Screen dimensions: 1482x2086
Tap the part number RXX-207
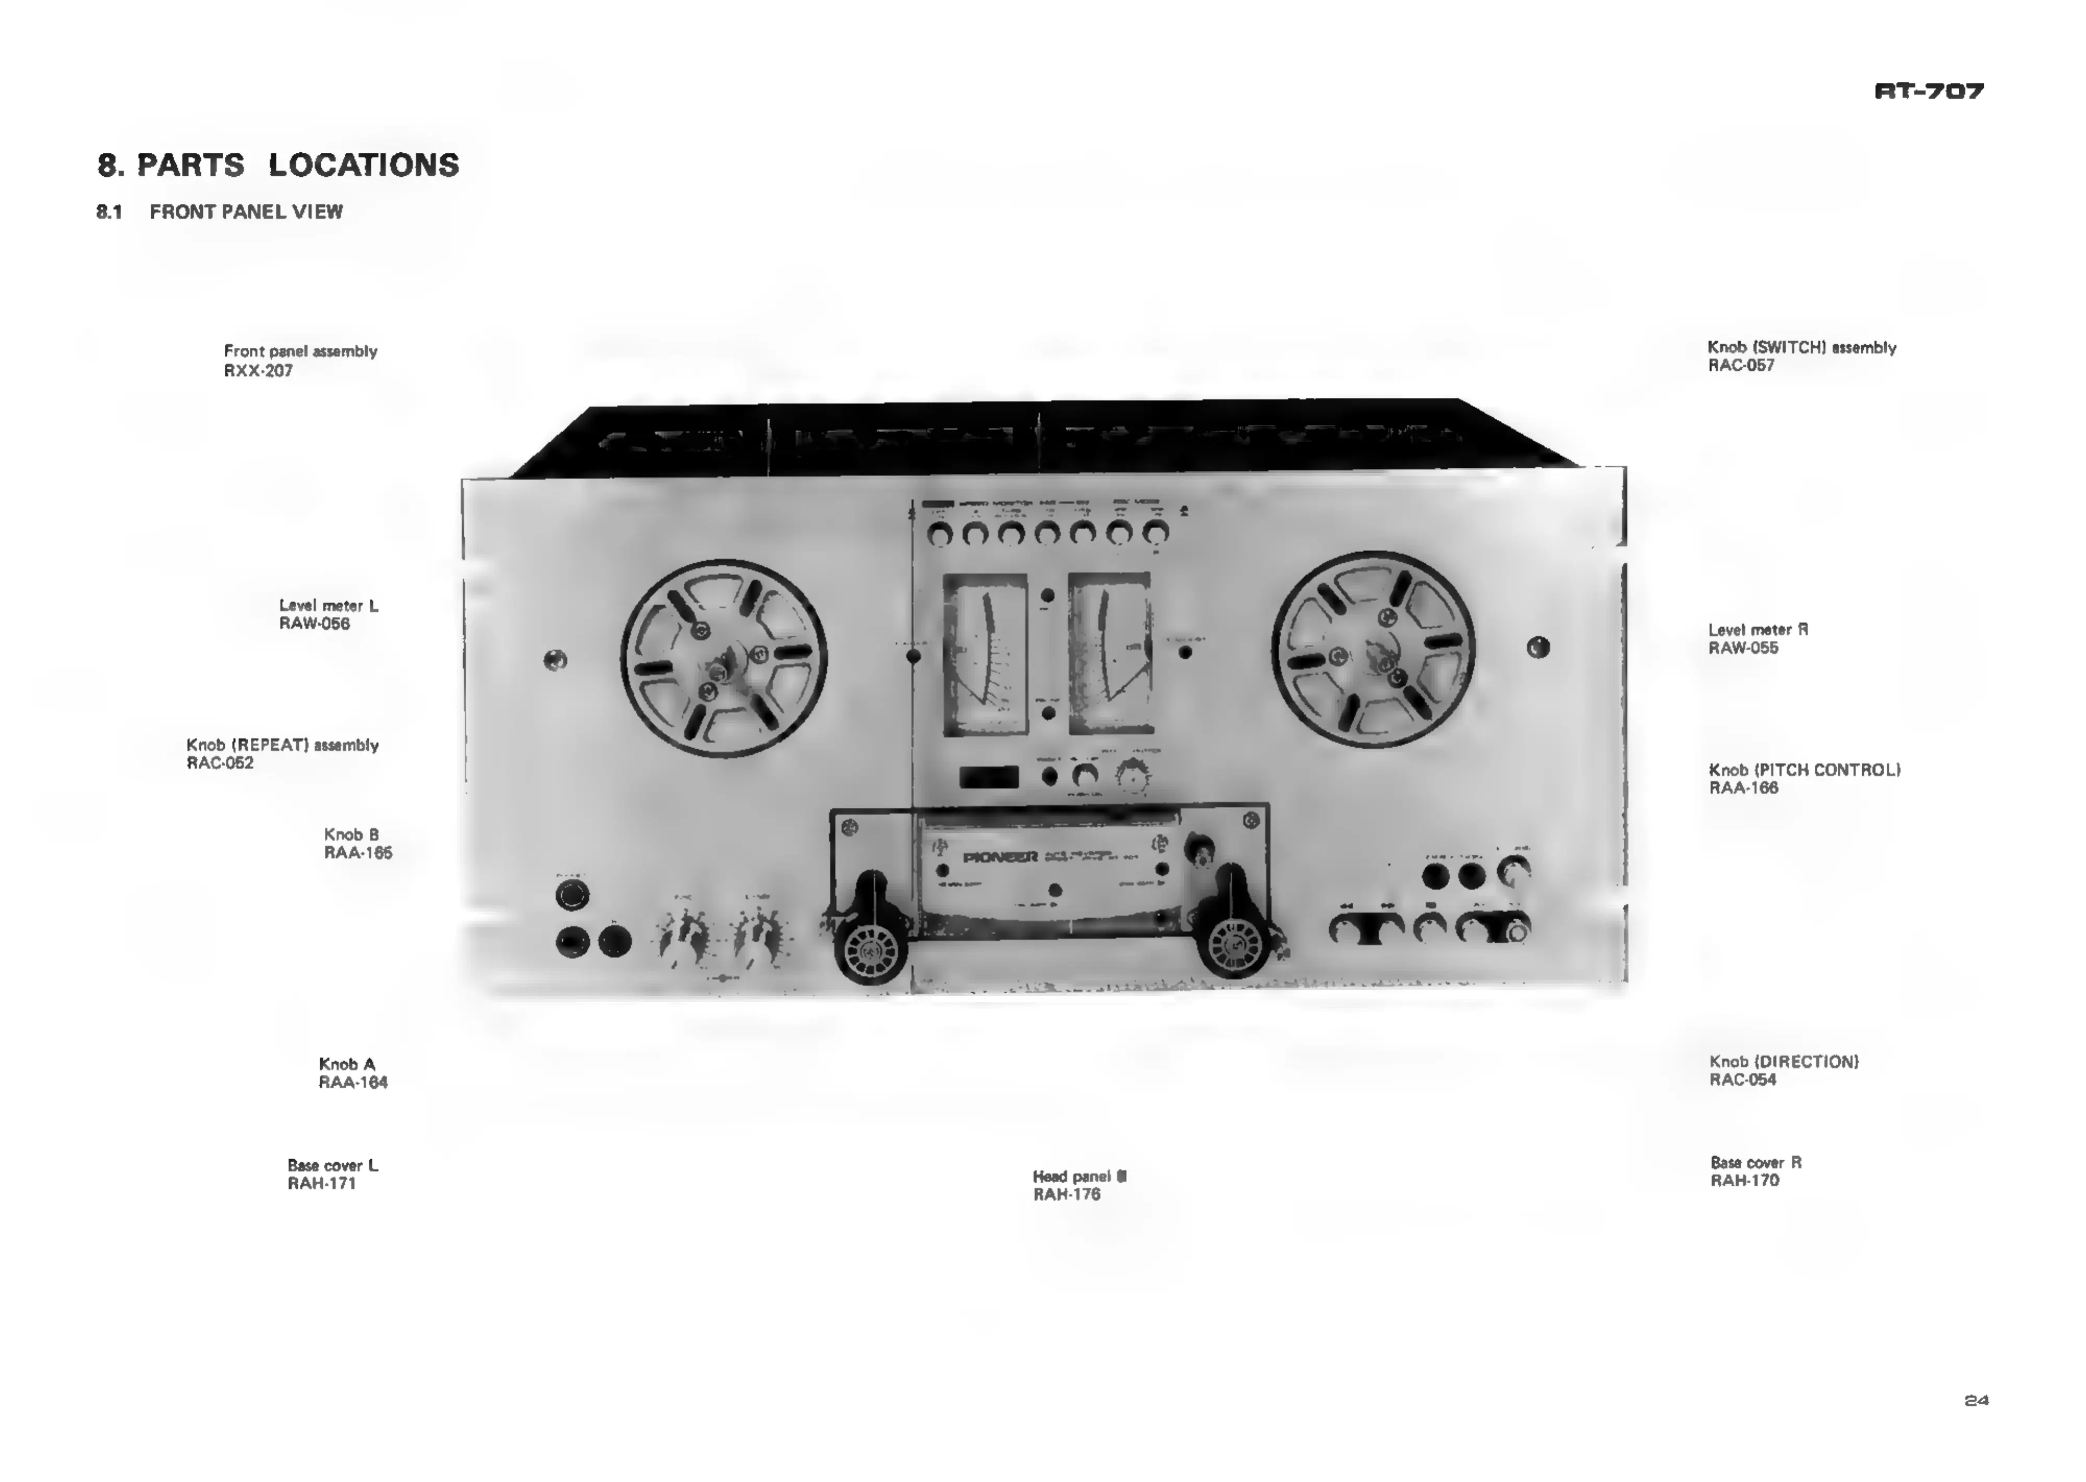(258, 370)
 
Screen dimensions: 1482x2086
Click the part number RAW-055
(1743, 648)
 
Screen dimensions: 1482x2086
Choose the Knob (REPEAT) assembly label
(282, 745)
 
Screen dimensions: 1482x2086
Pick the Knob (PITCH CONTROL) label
(1804, 769)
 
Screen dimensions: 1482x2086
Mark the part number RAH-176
(1066, 1195)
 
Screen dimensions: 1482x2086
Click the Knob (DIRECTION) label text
(1783, 1061)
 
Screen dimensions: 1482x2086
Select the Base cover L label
(332, 1165)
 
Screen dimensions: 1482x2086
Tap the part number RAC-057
(1741, 365)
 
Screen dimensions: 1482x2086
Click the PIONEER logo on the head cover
(1000, 857)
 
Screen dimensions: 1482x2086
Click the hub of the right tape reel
(1373, 650)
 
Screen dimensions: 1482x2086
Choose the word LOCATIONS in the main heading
(363, 165)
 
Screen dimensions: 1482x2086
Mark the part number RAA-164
(352, 1083)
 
